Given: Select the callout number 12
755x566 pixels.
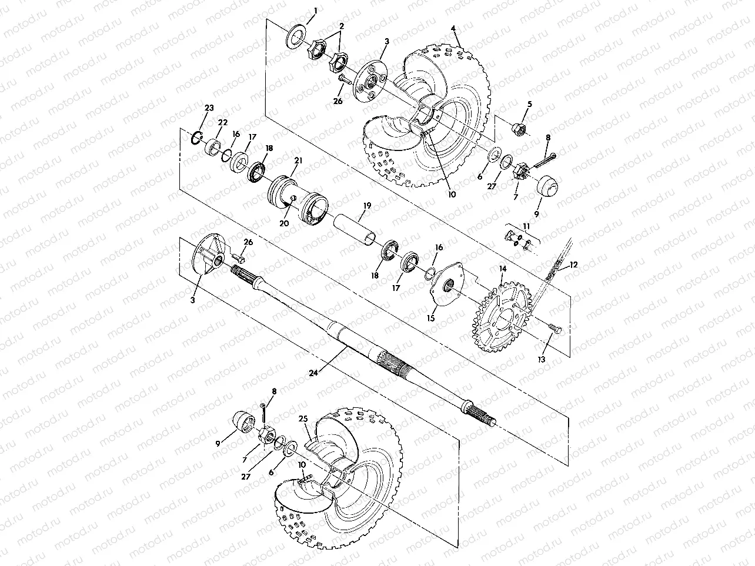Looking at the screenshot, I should point(573,264).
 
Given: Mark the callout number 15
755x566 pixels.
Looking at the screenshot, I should point(431,318).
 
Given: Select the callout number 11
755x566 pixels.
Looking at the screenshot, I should point(526,226).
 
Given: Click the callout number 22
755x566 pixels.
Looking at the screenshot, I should point(222,122).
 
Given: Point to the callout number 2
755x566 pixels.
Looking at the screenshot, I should point(340,26).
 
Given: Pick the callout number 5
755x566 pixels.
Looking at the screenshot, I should point(529,104).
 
